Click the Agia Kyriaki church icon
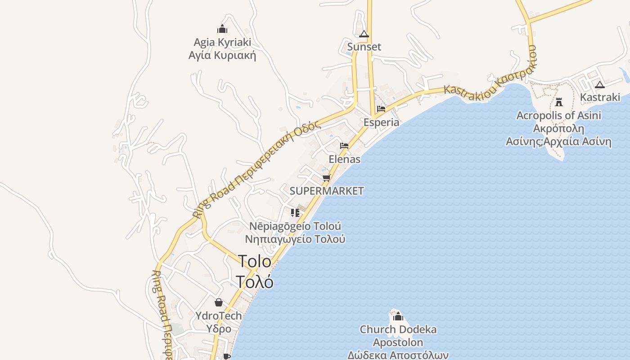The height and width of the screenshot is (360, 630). coord(222,29)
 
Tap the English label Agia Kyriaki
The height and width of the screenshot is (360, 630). coord(222,42)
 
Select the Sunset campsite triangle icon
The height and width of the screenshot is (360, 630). coord(364,34)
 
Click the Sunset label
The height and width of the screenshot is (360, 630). coord(364,47)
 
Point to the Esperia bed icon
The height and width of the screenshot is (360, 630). coord(381,109)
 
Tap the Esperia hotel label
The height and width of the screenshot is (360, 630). coord(381,122)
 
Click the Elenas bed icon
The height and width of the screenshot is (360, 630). coord(344,146)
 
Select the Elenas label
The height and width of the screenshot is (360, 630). coord(344,159)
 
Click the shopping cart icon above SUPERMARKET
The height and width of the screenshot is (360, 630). coord(327,178)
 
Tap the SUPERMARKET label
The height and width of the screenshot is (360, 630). coord(326,191)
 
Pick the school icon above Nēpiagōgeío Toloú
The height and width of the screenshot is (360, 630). coord(295,212)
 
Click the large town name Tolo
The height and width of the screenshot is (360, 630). coord(255,261)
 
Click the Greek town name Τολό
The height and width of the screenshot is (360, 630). coord(255,282)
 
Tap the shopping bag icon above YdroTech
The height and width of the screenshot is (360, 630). coord(219,302)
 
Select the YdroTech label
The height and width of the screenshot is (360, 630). coord(219,315)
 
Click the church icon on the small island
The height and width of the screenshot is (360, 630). coord(398,316)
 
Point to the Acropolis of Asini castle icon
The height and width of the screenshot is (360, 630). coord(559,102)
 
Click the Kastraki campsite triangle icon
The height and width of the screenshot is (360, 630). coord(600,84)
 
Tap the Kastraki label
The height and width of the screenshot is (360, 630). coord(600,97)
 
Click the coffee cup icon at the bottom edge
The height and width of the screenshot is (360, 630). coord(227,356)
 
